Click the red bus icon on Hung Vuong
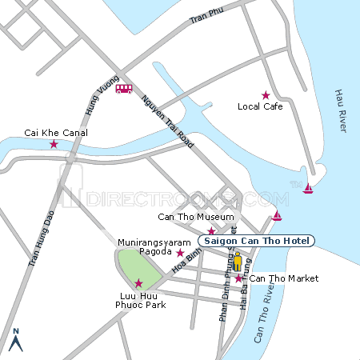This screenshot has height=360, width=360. (x=124, y=89)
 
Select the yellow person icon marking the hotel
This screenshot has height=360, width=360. (x=238, y=262)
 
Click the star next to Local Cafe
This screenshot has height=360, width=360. (x=266, y=95)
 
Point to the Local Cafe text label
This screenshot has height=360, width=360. (x=260, y=106)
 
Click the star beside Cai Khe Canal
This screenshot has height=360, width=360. (x=54, y=144)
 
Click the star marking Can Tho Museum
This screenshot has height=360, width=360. (x=211, y=230)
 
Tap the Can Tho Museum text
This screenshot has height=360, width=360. (x=196, y=217)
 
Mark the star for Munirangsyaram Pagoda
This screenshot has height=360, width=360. (x=180, y=253)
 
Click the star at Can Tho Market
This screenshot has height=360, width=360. (x=238, y=278)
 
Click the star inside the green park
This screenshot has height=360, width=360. (x=138, y=282)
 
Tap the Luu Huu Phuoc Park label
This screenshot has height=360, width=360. (x=138, y=299)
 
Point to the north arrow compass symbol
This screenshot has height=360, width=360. (x=16, y=340)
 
